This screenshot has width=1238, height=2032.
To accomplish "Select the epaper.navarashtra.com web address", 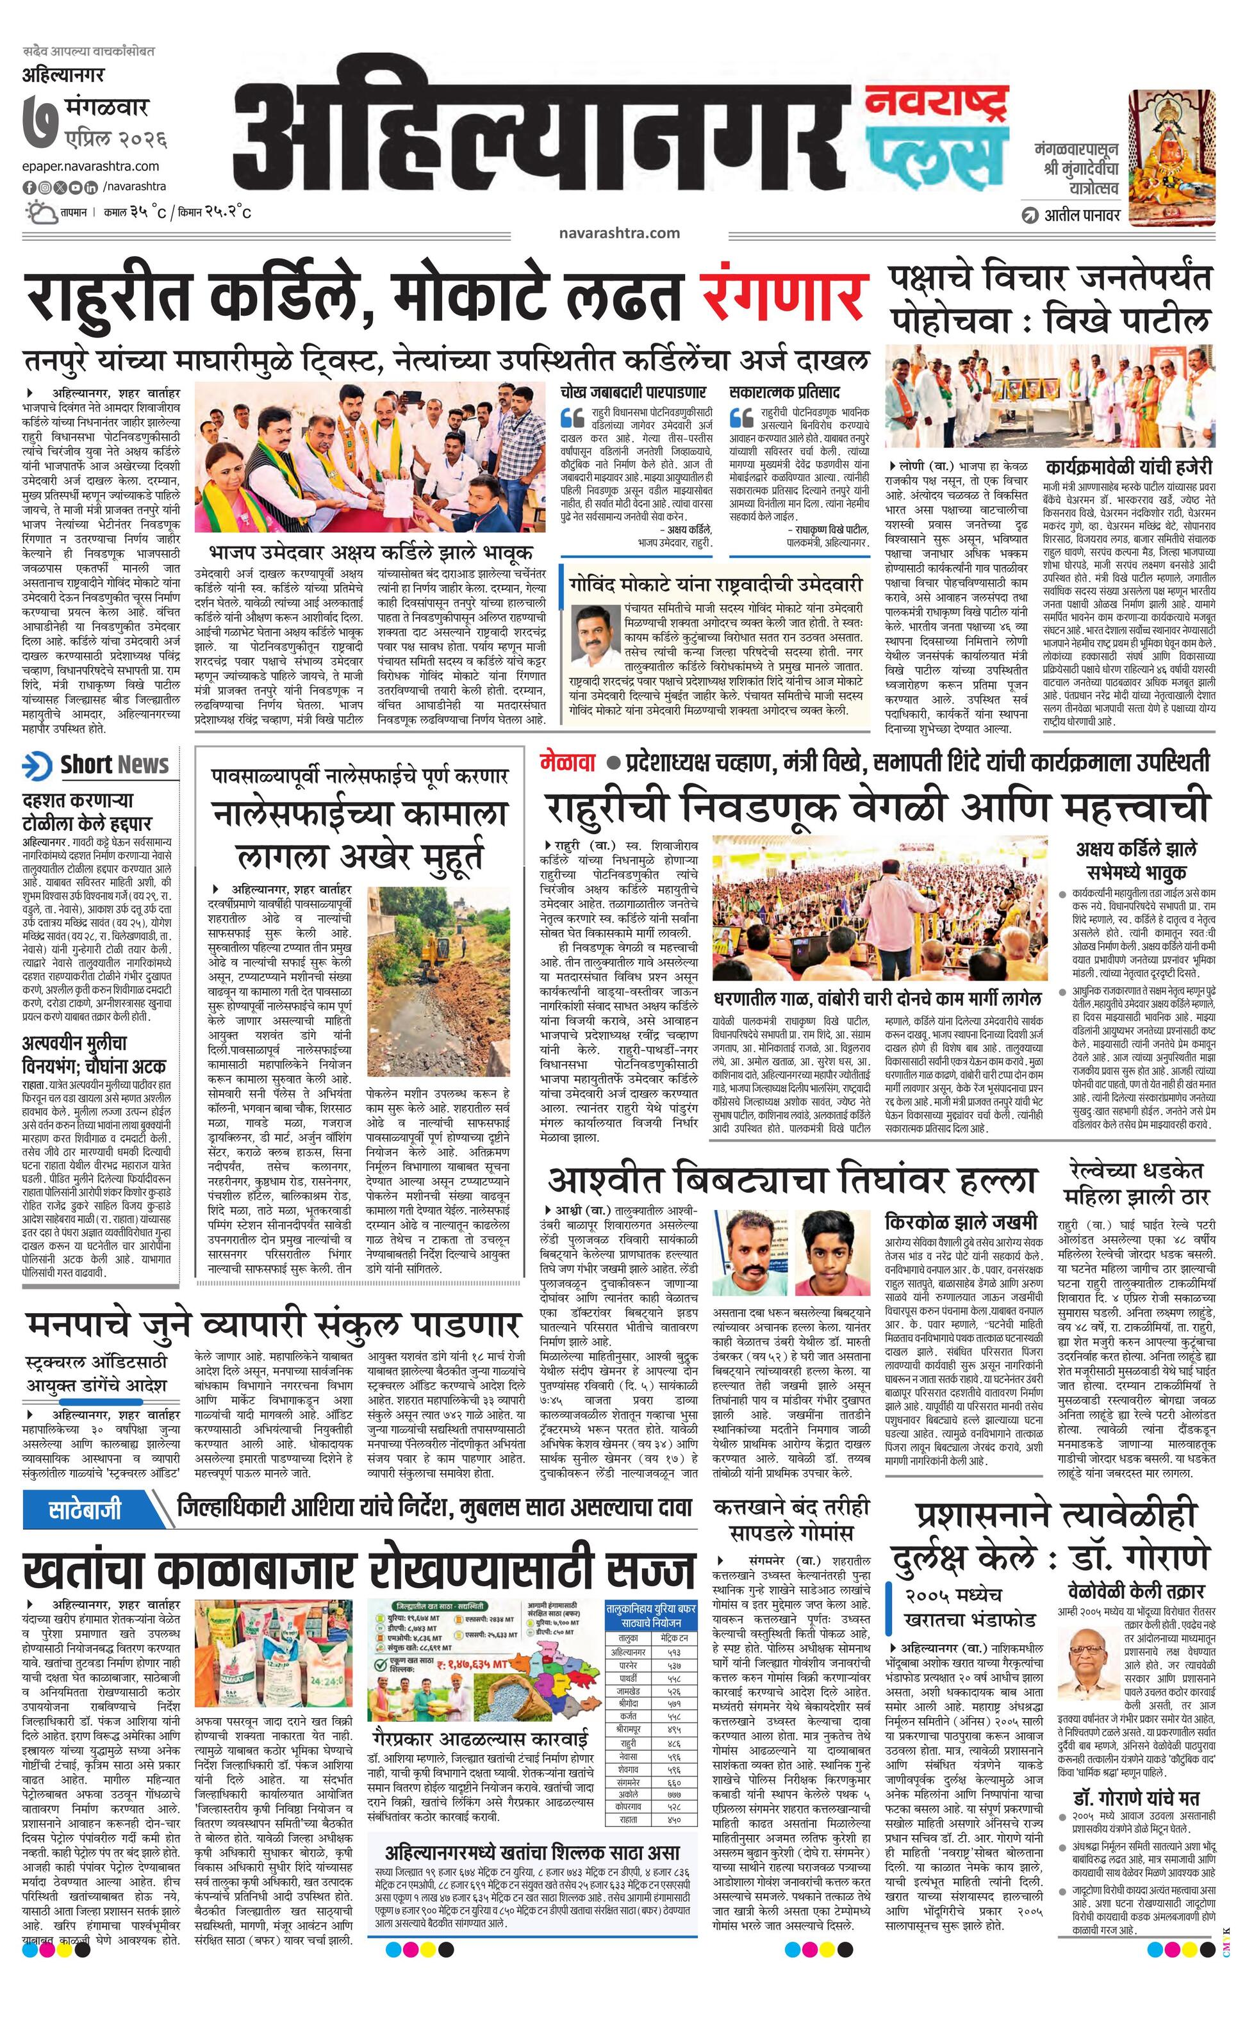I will (91, 167).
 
